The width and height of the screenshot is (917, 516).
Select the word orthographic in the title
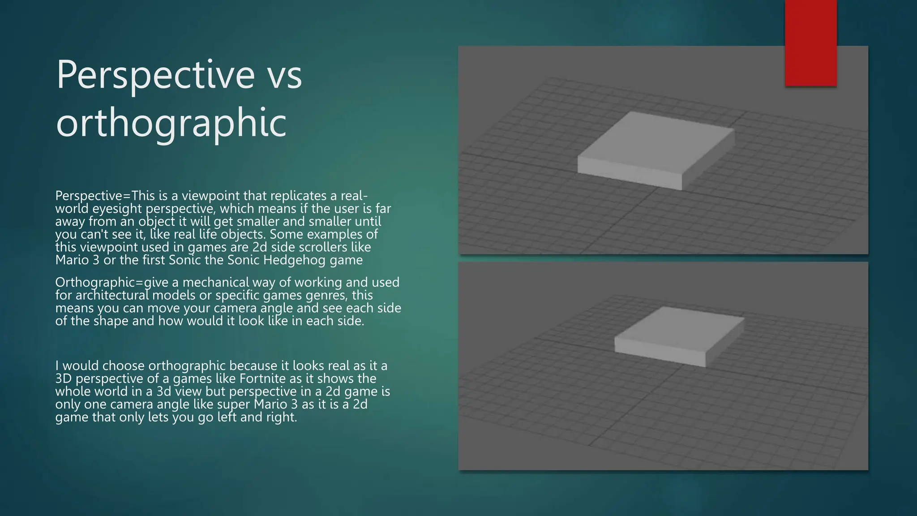[171, 123]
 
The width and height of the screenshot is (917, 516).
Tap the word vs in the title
[284, 75]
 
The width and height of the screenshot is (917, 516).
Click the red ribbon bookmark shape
[810, 43]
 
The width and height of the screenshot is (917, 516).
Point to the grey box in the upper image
[656, 150]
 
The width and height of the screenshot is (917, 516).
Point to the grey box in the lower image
[680, 336]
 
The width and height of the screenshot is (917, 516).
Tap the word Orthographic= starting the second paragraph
[99, 283]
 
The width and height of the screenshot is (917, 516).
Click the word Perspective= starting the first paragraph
[92, 196]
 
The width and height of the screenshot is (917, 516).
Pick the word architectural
[112, 296]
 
